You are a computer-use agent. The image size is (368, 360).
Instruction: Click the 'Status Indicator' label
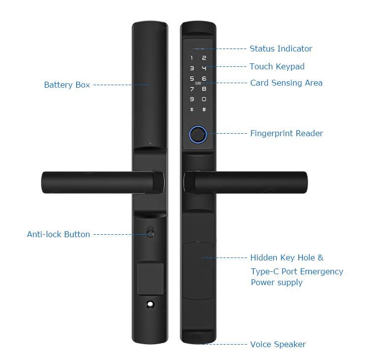(280, 49)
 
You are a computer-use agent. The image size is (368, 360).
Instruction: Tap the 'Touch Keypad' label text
(276, 66)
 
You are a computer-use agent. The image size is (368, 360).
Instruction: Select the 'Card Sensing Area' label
(286, 83)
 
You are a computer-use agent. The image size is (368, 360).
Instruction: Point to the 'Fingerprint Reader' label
(286, 133)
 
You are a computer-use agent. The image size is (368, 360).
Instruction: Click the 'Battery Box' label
(67, 85)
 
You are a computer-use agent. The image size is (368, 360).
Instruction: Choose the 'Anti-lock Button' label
(58, 234)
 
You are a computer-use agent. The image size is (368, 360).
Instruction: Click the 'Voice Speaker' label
(277, 344)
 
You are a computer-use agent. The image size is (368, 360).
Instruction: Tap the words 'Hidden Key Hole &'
(286, 257)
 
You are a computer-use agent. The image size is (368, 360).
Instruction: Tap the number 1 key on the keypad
(191, 58)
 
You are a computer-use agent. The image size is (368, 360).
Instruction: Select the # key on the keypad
(204, 109)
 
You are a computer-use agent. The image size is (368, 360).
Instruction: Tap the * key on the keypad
(191, 109)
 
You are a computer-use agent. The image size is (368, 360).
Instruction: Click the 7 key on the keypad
(191, 89)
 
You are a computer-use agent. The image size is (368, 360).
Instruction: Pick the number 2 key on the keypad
(204, 58)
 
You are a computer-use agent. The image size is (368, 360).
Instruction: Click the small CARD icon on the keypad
(198, 83)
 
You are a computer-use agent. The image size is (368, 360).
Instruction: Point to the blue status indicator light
(194, 49)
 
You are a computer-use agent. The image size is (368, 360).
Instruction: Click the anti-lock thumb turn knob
(150, 232)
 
